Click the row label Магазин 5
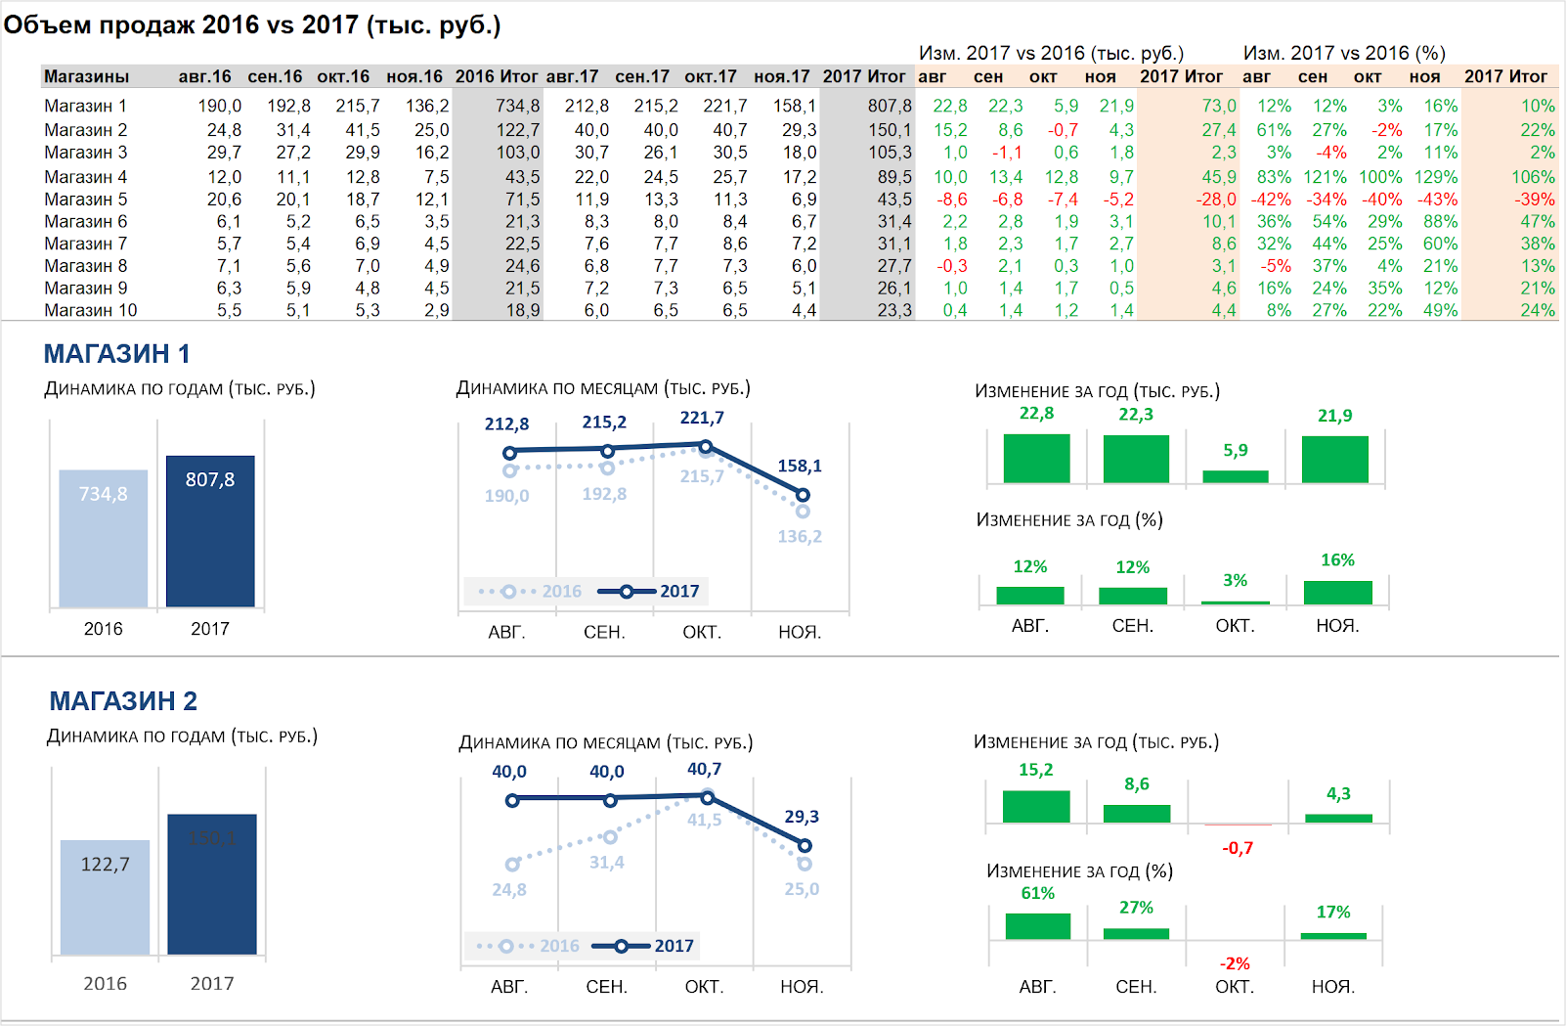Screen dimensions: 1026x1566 click(85, 200)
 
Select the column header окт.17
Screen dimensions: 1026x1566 click(710, 76)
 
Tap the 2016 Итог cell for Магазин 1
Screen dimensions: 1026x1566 click(517, 106)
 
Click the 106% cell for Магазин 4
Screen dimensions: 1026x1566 click(1532, 177)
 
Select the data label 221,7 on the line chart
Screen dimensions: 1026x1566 click(702, 418)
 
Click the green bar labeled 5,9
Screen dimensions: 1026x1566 click(1236, 476)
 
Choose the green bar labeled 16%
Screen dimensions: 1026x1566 click(1337, 592)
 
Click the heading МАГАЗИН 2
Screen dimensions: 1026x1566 click(123, 701)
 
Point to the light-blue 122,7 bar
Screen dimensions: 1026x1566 click(105, 897)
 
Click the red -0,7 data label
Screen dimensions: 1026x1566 click(1238, 848)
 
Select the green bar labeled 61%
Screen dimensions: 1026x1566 click(1037, 925)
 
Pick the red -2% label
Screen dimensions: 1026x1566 click(1235, 963)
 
